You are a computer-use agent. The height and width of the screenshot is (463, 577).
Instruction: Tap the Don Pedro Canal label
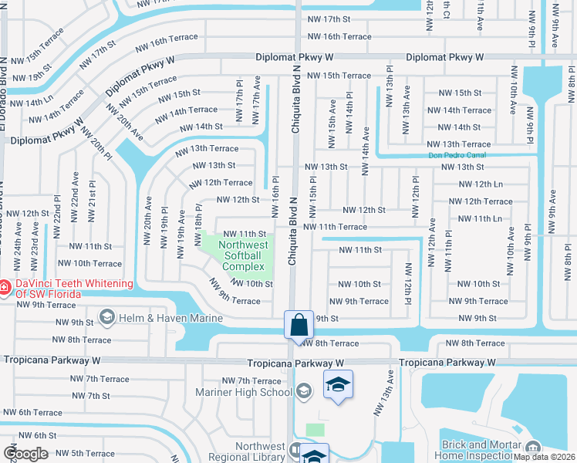click(457, 155)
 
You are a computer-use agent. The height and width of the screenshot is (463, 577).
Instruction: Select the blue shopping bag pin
click(299, 325)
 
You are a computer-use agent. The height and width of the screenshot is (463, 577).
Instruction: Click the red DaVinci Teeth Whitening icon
click(5, 287)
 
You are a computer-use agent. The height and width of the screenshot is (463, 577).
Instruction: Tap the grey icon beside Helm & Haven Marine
click(107, 317)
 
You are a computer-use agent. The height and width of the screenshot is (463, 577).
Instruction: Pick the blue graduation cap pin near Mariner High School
click(338, 386)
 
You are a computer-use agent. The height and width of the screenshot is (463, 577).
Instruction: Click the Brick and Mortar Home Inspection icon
click(533, 448)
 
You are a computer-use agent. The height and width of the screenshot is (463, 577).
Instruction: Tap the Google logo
click(25, 454)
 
